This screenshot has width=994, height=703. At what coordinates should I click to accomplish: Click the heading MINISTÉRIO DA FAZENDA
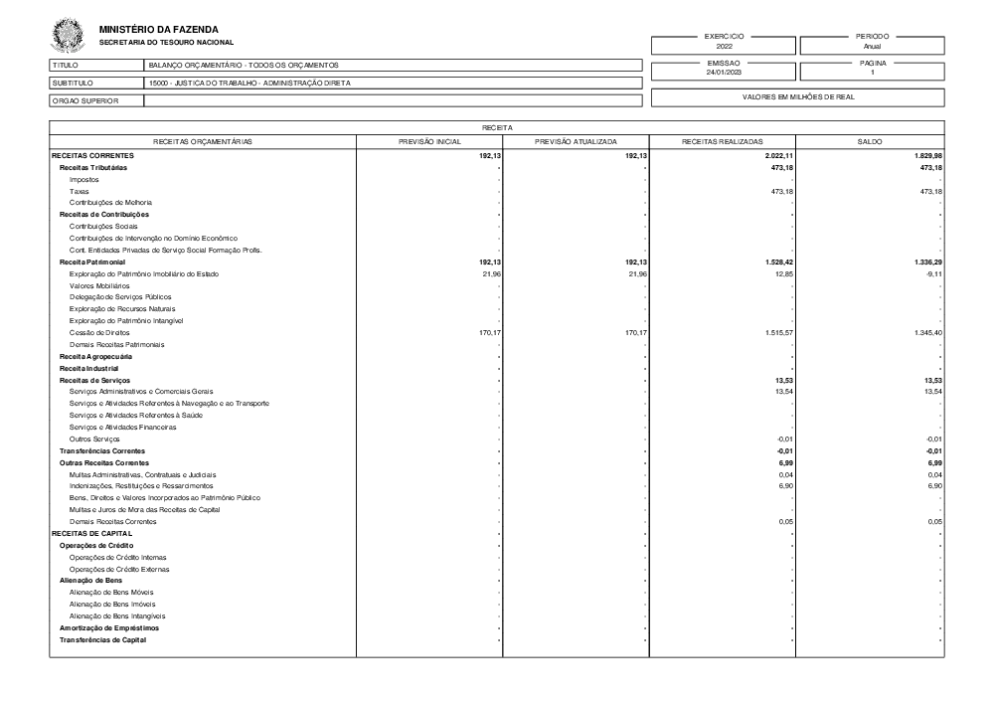point(159,30)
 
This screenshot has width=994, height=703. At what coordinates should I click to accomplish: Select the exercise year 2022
point(723,46)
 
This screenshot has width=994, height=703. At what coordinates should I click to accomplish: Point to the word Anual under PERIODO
point(871,46)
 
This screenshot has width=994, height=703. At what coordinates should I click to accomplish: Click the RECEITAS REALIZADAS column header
point(722,142)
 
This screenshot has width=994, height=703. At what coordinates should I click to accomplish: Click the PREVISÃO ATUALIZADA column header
point(576,142)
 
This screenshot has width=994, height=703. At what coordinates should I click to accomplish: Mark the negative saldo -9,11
point(931,272)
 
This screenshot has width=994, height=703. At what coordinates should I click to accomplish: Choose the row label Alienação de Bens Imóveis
point(112,604)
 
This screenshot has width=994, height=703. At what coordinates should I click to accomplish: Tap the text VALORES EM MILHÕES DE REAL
point(797,96)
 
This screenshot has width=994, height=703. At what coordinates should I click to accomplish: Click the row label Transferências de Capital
point(102,639)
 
